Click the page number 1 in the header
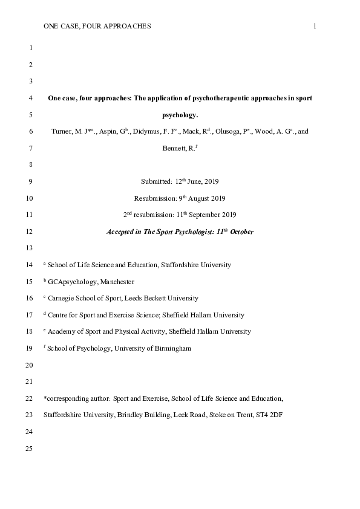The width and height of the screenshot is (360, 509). coord(315,26)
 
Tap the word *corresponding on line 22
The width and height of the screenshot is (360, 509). coord(66,398)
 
